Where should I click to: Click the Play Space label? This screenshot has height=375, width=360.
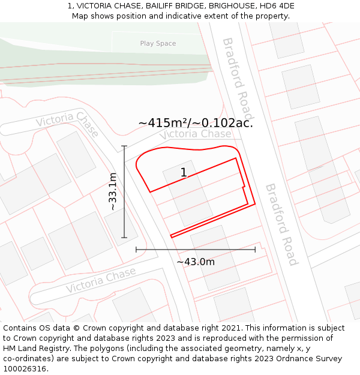[158, 43]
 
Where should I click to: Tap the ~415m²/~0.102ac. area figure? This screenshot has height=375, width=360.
[196, 123]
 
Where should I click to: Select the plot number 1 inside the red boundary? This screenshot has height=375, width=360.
[184, 173]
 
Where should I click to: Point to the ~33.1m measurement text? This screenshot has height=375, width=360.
[112, 191]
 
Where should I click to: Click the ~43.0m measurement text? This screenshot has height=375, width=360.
[196, 262]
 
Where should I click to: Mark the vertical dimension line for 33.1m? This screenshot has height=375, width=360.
[124, 191]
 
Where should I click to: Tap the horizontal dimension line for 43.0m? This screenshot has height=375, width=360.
[196, 249]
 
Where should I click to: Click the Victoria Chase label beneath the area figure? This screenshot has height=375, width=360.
[195, 134]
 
